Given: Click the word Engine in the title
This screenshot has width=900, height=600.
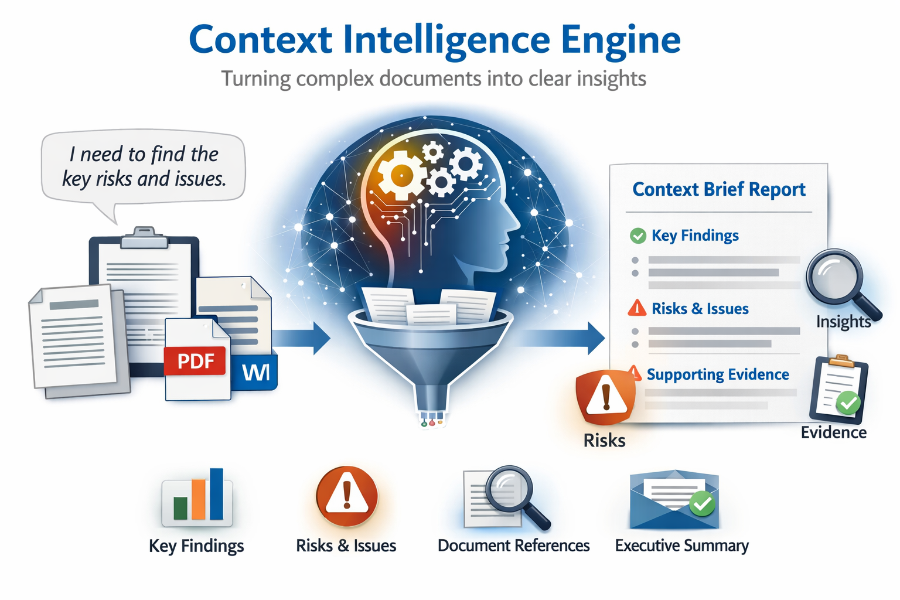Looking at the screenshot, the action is point(621,41).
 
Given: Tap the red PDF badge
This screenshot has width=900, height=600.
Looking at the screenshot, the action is point(195,361).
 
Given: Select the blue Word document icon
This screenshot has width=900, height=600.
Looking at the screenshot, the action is point(255,371).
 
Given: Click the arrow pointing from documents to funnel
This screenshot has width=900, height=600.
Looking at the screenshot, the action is point(301,338).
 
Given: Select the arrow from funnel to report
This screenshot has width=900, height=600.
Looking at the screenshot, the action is point(562,338).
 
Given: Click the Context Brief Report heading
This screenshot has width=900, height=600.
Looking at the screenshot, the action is point(719,190).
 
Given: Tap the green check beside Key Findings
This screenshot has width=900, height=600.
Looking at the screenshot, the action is point(637,236).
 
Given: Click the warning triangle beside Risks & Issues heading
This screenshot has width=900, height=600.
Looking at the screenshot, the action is point(637,308).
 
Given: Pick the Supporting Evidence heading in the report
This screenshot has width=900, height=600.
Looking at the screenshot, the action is point(718,374).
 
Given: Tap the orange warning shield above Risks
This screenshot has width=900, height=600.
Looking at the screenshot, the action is point(605,397).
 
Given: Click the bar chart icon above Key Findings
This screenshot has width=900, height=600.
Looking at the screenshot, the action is point(197,497).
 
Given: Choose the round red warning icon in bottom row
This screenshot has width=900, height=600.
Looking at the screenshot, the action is point(347,497).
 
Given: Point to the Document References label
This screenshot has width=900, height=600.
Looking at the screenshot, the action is point(513,546).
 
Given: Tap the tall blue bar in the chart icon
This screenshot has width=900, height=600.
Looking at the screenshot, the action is point(216,494).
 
